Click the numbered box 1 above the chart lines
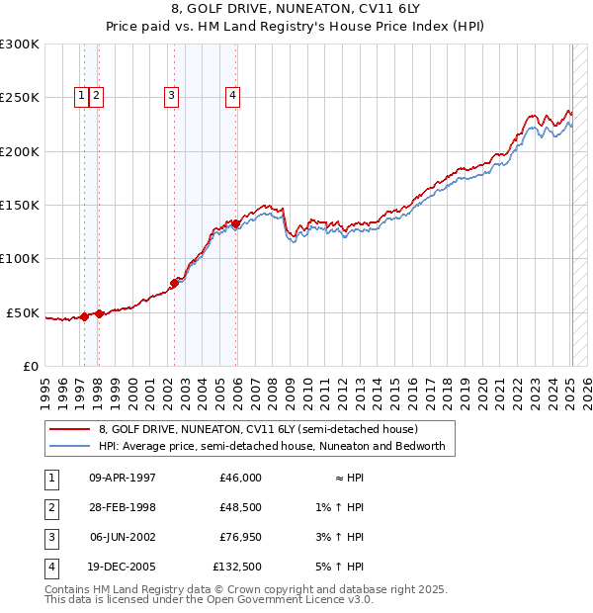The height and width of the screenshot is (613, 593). (81, 96)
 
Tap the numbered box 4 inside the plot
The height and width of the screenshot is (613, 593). (232, 96)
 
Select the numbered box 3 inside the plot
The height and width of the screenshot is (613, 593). (171, 96)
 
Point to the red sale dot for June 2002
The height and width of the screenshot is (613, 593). (174, 283)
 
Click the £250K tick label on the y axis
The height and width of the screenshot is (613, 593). (20, 98)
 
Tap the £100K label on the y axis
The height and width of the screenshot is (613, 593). (20, 258)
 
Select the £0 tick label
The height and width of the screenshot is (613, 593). (30, 366)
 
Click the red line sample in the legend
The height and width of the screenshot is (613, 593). (70, 430)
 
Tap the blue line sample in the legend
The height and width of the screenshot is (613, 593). (70, 446)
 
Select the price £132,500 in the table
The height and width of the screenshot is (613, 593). (237, 567)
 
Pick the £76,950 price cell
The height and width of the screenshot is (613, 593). (240, 537)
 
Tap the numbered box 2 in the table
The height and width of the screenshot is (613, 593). (50, 507)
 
